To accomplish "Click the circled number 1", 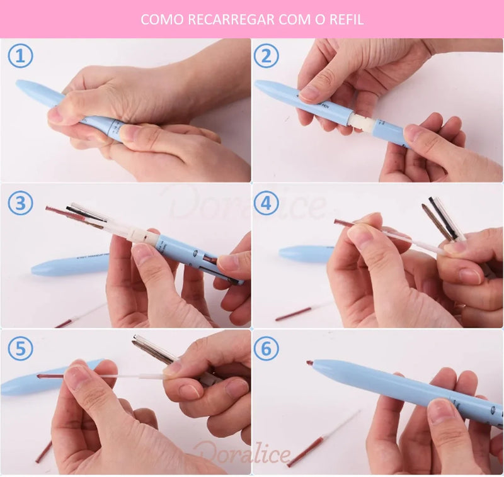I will click(20, 57).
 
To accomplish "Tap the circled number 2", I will click(266, 57).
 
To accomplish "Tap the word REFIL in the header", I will click(346, 20).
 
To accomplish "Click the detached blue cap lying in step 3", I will click(69, 264).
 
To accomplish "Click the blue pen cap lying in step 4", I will click(306, 253).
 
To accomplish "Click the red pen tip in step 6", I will click(310, 363).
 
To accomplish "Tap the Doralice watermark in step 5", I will click(242, 452).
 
